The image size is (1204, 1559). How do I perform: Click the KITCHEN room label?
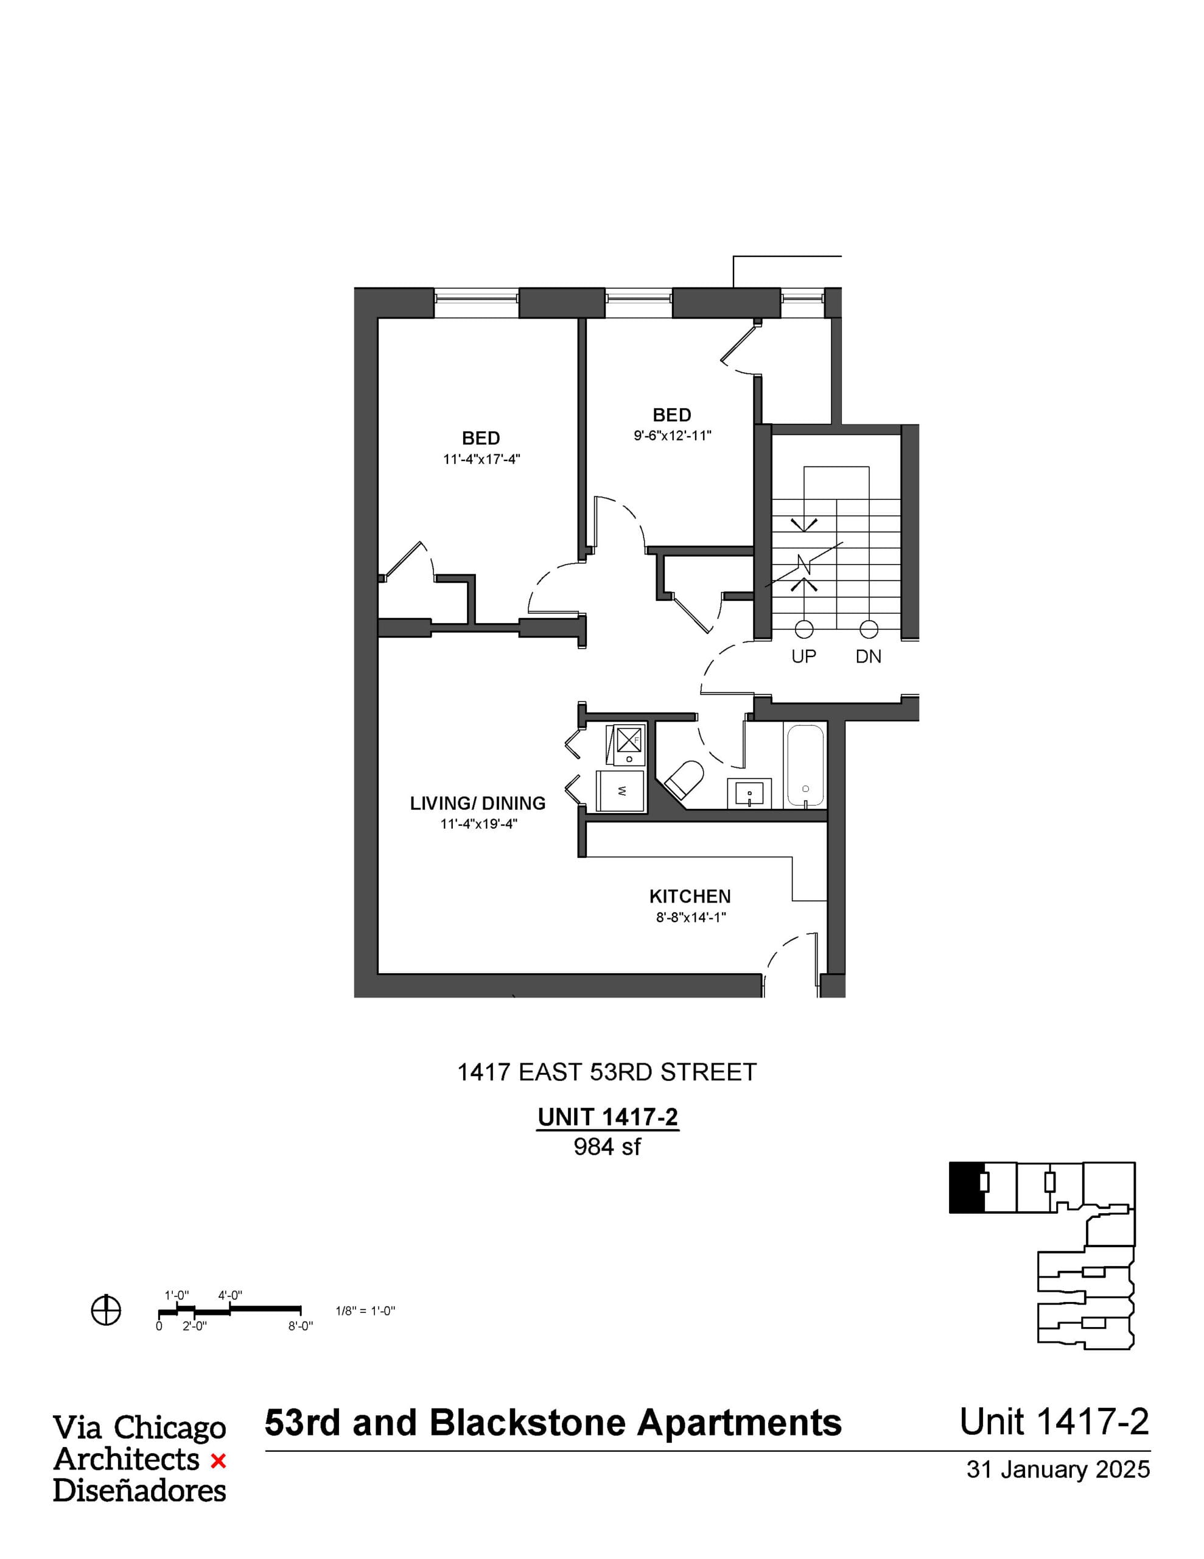pos(690,896)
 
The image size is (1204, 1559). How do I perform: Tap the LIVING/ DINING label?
pos(477,803)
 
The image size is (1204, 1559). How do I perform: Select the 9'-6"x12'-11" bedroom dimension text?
pos(672,435)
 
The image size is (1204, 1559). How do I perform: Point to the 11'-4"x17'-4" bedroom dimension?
pos(481,459)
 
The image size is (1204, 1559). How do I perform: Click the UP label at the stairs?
pos(803,656)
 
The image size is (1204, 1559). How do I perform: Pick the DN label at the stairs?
pos(869,656)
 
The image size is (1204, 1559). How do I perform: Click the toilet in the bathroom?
pos(684,779)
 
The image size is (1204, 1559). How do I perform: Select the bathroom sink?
pos(749,793)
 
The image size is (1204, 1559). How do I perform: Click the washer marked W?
pos(621,791)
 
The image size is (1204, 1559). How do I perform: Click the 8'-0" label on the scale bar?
pos(301,1326)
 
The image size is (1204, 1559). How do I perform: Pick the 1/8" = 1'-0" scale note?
pos(365,1311)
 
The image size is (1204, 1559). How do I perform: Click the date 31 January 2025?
pos(1059,1469)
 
